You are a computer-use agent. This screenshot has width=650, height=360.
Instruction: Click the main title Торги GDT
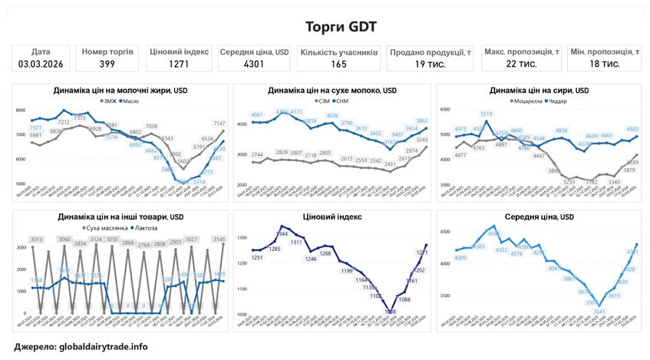(341, 27)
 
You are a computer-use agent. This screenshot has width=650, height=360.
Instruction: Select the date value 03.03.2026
(41, 64)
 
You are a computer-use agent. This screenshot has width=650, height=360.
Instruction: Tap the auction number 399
(107, 64)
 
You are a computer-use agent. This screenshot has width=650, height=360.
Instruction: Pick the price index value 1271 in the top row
(179, 64)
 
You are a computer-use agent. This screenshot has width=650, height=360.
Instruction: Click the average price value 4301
(254, 64)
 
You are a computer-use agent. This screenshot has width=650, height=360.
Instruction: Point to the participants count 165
(339, 64)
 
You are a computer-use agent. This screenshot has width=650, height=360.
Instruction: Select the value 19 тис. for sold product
(430, 64)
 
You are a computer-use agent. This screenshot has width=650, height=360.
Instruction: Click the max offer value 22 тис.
(521, 64)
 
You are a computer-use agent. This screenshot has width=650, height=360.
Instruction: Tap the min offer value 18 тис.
(605, 64)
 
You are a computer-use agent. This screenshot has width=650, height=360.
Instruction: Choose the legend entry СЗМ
(323, 101)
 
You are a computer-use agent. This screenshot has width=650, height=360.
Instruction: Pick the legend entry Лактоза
(147, 228)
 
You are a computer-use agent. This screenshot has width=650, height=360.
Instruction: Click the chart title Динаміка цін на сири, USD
(539, 91)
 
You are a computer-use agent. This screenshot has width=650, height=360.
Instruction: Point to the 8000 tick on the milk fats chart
(21, 111)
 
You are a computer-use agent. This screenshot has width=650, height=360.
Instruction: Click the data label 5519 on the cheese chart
(487, 114)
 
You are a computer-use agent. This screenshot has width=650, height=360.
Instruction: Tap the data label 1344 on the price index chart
(282, 233)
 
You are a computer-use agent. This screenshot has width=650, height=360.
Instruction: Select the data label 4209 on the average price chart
(460, 258)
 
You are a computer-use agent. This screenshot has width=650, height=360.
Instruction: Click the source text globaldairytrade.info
(103, 347)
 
